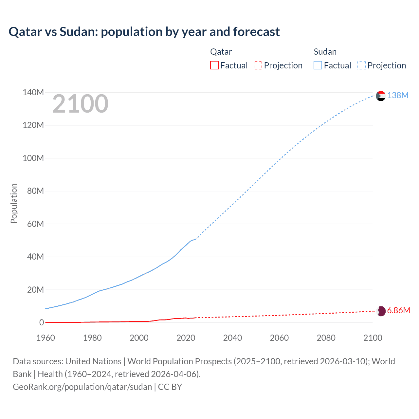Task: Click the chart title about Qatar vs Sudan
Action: pyautogui.click(x=144, y=32)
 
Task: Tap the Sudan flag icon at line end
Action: pyautogui.click(x=381, y=96)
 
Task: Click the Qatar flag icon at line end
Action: pyautogui.click(x=381, y=311)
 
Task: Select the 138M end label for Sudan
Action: pyautogui.click(x=398, y=95)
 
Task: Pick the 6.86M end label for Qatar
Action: pyautogui.click(x=398, y=310)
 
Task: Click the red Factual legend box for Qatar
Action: pyautogui.click(x=214, y=65)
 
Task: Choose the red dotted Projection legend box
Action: pyautogui.click(x=258, y=65)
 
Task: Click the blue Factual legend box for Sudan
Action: pyautogui.click(x=318, y=65)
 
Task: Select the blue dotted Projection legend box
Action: pyautogui.click(x=362, y=65)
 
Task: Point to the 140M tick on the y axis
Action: pyautogui.click(x=33, y=92)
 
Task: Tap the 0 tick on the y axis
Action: pyautogui.click(x=42, y=322)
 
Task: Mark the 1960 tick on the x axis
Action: pyautogui.click(x=46, y=338)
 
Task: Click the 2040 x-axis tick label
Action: pyautogui.click(x=232, y=338)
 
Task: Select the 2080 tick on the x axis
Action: pyautogui.click(x=326, y=338)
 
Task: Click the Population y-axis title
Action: pyautogui.click(x=14, y=203)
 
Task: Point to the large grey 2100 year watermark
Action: pyautogui.click(x=80, y=104)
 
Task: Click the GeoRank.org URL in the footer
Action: pyautogui.click(x=82, y=387)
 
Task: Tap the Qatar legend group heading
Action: pyautogui.click(x=221, y=52)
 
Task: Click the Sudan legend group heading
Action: pyautogui.click(x=325, y=52)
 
